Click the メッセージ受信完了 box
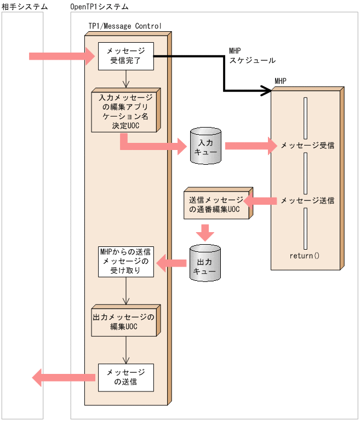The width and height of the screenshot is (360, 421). (125, 56)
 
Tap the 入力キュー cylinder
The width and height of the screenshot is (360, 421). (205, 146)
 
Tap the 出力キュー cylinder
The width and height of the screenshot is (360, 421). (205, 263)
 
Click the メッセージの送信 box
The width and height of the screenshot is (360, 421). (125, 377)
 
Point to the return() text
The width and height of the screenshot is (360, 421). (305, 256)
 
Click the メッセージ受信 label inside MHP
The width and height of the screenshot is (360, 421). (307, 146)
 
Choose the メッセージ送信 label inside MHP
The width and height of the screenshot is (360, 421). (307, 201)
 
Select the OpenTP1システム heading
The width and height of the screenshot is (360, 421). (100, 7)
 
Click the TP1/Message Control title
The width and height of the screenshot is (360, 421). (125, 26)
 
